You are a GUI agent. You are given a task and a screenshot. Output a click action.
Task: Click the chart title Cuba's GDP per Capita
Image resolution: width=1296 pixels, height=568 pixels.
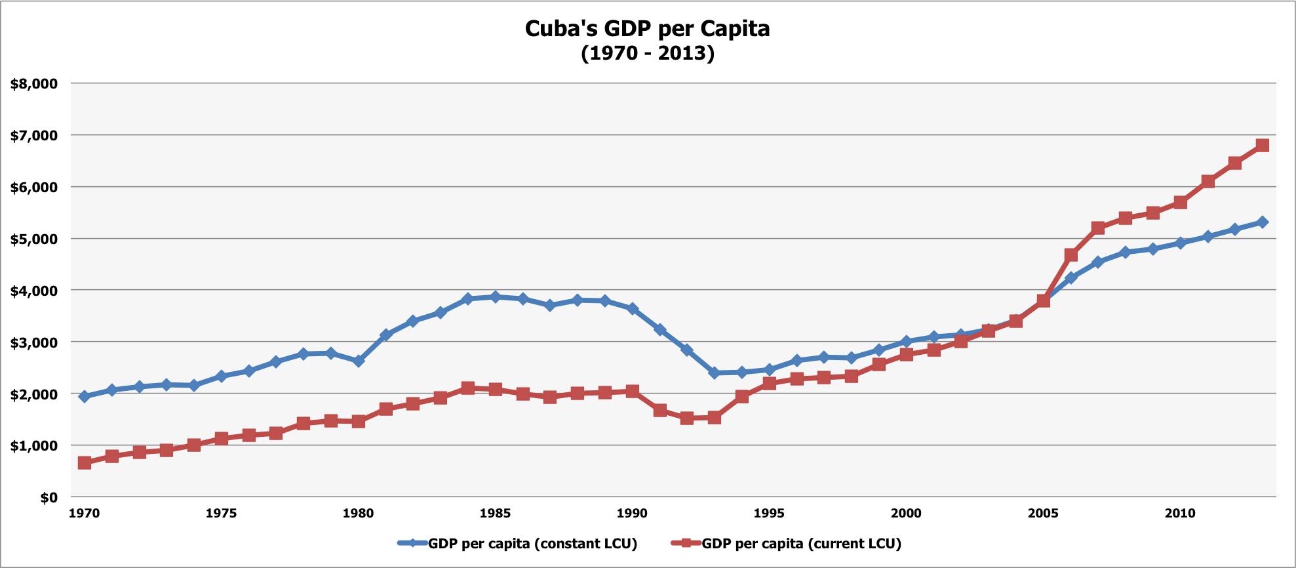pos(647,29)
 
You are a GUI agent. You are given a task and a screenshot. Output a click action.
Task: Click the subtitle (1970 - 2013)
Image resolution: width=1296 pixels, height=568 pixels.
pos(647,53)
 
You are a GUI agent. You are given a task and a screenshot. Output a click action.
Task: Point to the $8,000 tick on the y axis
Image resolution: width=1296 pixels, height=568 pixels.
pos(34,84)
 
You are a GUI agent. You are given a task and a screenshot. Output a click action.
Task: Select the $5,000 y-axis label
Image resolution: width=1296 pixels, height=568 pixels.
pos(34,239)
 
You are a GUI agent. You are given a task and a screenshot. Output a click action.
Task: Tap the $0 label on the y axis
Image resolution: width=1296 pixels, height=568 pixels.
pos(49,498)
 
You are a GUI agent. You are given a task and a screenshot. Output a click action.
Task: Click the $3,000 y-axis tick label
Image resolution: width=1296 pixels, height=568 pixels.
pos(34,342)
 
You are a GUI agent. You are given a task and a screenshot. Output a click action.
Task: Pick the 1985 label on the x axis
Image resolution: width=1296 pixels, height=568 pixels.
pos(495,514)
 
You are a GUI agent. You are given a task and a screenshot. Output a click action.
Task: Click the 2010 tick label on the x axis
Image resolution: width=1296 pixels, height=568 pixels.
pos(1180,514)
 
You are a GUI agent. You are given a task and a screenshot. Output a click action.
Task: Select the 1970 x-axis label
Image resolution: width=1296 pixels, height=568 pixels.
pos(84,514)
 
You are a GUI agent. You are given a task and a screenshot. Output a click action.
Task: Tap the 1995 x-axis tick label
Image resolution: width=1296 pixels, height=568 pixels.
pos(769,514)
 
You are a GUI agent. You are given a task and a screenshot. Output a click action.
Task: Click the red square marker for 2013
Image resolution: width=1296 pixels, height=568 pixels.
pos(1263,146)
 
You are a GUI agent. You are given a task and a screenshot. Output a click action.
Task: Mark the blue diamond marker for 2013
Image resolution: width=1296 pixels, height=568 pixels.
pos(1263,222)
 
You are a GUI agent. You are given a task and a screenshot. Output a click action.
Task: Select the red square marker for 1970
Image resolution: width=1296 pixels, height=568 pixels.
pos(84,463)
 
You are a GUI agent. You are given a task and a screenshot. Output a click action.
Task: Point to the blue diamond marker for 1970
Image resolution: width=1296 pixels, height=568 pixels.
pos(84,397)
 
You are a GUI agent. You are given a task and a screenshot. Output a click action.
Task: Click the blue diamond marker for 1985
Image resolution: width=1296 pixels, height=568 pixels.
pos(495,296)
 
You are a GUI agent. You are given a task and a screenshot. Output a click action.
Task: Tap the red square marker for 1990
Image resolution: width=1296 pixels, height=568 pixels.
pos(632,392)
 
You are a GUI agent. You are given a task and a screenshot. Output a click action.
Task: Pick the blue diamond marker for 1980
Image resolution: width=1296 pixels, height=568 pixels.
pos(358,361)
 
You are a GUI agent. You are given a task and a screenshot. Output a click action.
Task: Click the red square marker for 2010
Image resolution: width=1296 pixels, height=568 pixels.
pos(1180,202)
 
